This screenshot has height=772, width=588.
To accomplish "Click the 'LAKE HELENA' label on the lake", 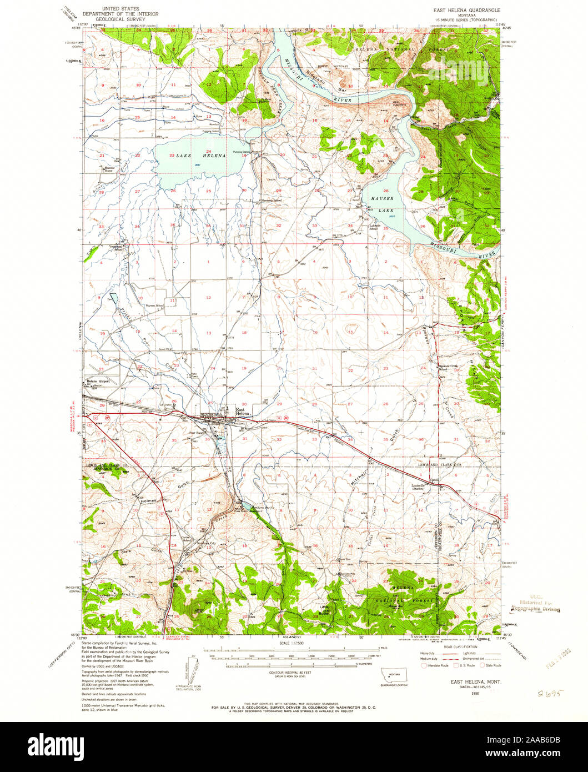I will point(200,156).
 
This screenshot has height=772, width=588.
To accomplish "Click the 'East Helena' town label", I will point(242,409).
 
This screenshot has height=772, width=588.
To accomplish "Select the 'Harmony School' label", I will point(270,200).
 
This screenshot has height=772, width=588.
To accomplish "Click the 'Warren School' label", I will point(155,306).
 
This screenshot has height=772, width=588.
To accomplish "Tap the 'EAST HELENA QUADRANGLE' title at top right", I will point(466,11).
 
